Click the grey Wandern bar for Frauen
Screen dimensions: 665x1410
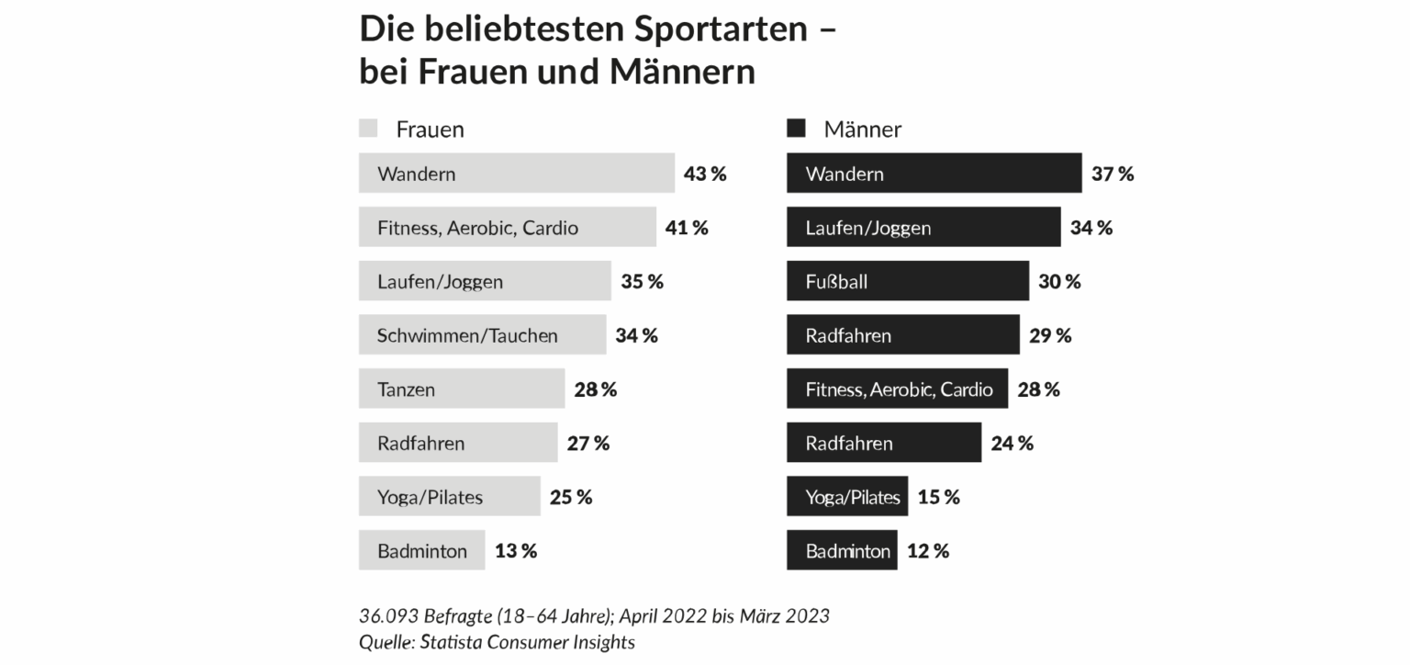click(x=516, y=174)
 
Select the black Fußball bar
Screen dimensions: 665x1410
click(x=907, y=281)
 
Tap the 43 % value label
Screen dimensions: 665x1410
click(x=705, y=174)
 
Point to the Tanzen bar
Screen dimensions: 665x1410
click(x=461, y=389)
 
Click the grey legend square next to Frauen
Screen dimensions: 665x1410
click(x=368, y=128)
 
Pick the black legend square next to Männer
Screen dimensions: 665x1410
click(x=796, y=128)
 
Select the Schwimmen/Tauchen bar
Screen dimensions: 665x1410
click(x=482, y=335)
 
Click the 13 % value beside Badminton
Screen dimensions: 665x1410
click(x=516, y=551)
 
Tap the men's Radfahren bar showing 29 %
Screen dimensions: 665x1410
click(x=902, y=335)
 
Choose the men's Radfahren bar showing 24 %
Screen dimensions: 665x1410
click(x=883, y=444)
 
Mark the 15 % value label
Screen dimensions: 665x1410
click(x=939, y=497)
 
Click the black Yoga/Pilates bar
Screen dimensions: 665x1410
click(x=846, y=497)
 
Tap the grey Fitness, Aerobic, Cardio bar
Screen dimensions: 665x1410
click(x=507, y=227)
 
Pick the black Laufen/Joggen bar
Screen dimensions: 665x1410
click(x=923, y=227)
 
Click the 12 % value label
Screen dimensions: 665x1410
click(x=928, y=551)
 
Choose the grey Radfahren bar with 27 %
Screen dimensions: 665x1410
click(x=457, y=444)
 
